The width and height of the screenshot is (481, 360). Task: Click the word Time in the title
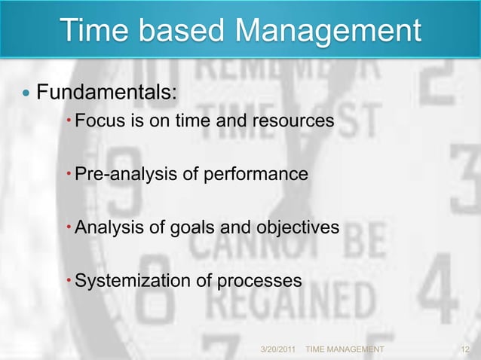point(93,32)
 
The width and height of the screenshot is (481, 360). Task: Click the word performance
point(262,175)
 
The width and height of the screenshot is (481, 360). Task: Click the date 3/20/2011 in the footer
point(278,350)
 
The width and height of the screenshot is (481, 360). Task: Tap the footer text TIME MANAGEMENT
point(345,350)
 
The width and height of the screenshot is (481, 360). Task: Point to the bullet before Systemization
point(69,281)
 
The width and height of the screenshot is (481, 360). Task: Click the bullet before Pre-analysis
point(69,175)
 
